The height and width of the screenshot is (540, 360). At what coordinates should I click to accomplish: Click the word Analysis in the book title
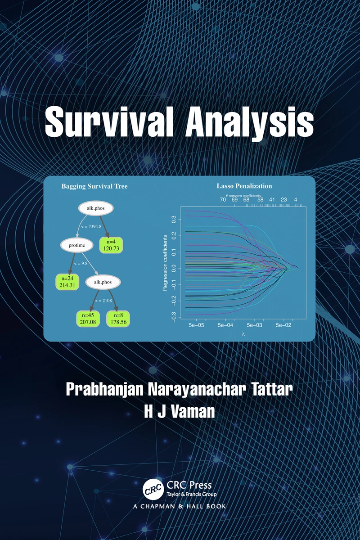[249, 123]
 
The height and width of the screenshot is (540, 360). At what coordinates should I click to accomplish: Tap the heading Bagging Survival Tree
[94, 186]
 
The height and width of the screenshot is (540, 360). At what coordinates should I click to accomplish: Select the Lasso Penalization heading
[244, 186]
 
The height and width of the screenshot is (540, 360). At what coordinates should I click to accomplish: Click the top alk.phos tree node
[96, 208]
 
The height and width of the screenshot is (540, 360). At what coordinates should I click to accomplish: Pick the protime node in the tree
[76, 245]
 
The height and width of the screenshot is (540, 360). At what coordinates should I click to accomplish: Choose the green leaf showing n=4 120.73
[111, 245]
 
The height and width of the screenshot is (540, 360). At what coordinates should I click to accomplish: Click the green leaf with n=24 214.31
[67, 282]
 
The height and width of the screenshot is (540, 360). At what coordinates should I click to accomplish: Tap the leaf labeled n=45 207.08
[88, 319]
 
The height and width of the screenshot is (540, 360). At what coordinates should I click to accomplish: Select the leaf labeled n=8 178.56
[118, 319]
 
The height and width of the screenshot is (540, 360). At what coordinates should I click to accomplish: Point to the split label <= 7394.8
[91, 227]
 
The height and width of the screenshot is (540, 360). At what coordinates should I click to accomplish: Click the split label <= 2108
[103, 301]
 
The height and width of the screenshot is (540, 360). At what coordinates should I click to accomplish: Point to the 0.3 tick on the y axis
[174, 220]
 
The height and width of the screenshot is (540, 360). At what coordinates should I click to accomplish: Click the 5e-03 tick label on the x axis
[254, 325]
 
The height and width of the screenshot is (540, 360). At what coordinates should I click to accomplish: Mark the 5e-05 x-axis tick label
[196, 325]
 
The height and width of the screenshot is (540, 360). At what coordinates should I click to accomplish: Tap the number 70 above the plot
[223, 200]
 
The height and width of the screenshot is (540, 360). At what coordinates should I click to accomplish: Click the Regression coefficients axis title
[165, 262]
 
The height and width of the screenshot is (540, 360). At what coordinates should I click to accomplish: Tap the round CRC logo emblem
[153, 489]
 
